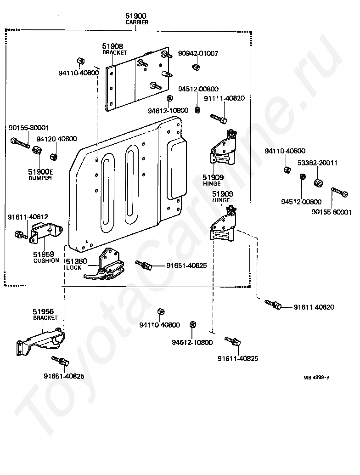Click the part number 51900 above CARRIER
135,16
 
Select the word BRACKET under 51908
114,52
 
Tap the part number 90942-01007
198,53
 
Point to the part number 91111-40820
225,98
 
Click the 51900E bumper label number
40,172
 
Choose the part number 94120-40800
56,139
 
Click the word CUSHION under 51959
46,260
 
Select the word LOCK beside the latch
73,267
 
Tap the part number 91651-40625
186,266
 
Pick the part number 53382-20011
317,163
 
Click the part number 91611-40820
314,307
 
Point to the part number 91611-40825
238,358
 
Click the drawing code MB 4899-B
316,378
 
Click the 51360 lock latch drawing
104,265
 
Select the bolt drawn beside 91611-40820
273,305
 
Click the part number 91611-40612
28,217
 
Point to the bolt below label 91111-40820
218,119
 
